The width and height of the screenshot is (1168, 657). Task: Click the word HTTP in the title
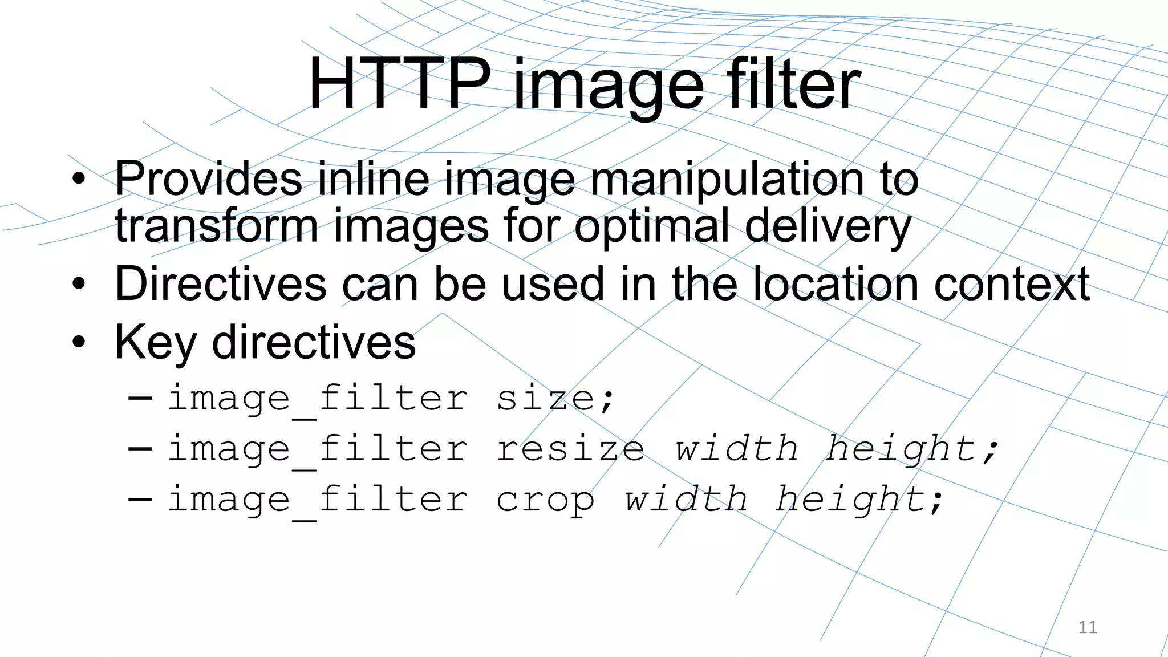click(x=399, y=85)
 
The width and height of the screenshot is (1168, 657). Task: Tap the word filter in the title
click(x=793, y=85)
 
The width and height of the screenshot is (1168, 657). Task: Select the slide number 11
click(x=1088, y=627)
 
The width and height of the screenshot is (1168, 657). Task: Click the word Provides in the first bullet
click(x=208, y=179)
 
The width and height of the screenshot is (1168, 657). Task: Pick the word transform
click(x=216, y=225)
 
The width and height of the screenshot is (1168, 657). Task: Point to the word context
click(x=1012, y=283)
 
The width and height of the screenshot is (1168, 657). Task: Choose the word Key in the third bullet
click(x=155, y=342)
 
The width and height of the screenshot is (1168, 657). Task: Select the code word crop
click(x=545, y=500)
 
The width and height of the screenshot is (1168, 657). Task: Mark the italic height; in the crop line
click(x=859, y=500)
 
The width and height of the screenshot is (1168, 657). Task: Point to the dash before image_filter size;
click(x=140, y=398)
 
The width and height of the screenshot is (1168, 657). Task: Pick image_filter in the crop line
click(x=317, y=500)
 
